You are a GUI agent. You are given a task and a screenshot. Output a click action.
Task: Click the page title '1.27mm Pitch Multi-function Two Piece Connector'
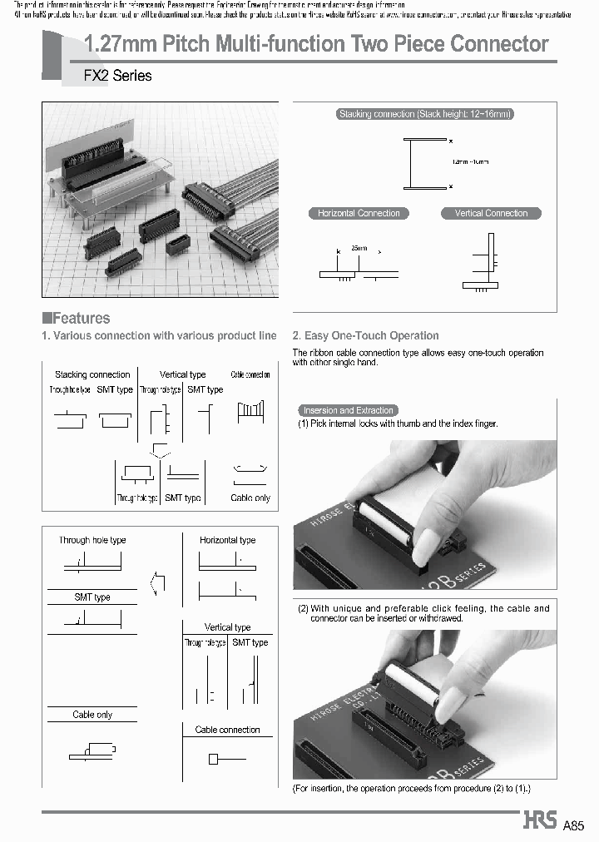pos(317,44)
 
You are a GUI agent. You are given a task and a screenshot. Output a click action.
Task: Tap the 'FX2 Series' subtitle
pos(118,76)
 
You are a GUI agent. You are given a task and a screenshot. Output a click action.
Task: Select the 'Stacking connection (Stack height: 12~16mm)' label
pos(424,115)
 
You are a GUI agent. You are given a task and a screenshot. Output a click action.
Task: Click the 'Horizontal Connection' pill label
pos(359,213)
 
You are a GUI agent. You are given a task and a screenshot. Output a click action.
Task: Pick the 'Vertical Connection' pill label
pos(491,213)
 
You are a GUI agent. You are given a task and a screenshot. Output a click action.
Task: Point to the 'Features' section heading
pos(76,318)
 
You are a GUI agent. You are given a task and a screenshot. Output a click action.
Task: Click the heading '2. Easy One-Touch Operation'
pos(365,336)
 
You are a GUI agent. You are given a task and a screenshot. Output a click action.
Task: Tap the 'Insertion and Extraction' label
pos(348,410)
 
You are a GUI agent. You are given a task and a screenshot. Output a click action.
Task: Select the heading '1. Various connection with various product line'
pos(159,336)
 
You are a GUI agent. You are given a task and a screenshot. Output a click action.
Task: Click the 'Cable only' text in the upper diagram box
pos(250,498)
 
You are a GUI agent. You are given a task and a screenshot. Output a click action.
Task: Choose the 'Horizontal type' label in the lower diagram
pos(227,540)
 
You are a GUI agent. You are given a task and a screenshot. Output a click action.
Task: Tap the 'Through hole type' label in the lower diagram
pos(92,540)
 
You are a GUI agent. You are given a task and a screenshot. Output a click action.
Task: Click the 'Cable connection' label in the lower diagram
pos(227,730)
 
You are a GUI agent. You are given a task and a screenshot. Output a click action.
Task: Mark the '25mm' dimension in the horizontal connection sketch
pos(359,249)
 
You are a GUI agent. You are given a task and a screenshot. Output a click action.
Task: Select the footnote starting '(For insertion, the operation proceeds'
pos(411,788)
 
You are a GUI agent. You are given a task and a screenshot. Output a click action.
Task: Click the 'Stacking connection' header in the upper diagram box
pos(92,374)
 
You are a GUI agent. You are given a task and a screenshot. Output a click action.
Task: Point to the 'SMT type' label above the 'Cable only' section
pos(92,597)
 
